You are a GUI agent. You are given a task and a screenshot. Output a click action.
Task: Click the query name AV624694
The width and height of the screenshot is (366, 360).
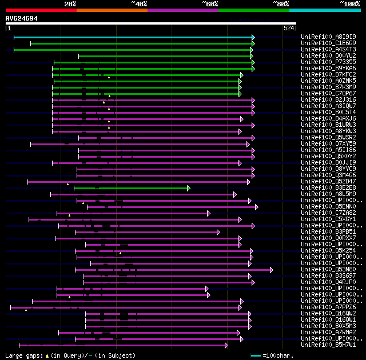[x=22, y=18]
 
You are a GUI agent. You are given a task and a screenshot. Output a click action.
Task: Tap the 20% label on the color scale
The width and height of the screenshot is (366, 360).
[x=70, y=4]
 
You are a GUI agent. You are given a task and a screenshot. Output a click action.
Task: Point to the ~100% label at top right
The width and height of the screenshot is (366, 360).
[x=349, y=4]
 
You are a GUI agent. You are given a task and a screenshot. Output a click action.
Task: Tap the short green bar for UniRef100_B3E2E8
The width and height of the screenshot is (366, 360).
[x=131, y=188]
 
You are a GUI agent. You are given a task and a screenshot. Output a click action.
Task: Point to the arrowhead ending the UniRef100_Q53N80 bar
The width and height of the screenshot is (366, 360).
[x=271, y=270]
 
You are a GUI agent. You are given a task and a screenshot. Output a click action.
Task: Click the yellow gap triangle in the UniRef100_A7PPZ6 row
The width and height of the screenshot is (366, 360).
[x=26, y=309]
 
